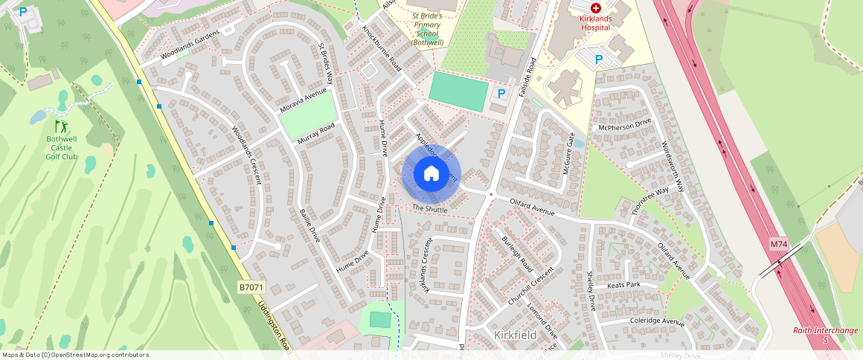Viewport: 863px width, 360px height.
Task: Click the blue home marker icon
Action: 431,174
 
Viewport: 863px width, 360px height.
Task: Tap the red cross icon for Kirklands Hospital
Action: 595,7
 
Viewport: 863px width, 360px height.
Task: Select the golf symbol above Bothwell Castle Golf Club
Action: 61,126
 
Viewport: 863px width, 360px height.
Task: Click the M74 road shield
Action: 778,244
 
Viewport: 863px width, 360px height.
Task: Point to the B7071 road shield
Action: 251,286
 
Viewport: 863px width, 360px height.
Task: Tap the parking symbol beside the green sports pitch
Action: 501,94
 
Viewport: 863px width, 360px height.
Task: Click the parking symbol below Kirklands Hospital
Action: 599,59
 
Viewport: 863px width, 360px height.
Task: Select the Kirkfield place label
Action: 516,335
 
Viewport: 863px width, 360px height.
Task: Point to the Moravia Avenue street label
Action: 304,101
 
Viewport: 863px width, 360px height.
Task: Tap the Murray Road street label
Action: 315,133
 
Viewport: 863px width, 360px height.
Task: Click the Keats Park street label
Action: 623,285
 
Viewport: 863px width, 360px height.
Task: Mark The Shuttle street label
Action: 430,210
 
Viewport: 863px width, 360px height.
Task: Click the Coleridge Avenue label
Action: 656,321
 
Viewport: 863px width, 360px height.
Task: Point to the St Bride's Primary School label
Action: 437,28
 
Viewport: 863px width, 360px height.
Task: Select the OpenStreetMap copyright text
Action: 75,355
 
